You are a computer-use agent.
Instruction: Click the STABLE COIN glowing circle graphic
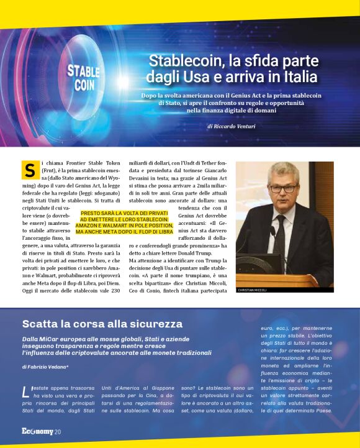pos(84,77)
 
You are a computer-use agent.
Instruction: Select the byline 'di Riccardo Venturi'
pos(231,126)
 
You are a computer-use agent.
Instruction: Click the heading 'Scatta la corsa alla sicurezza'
pos(102,324)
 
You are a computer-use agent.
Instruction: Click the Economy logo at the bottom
pos(37,431)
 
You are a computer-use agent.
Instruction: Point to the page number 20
pos(58,432)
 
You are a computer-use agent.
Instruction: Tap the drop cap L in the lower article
pos(25,391)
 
